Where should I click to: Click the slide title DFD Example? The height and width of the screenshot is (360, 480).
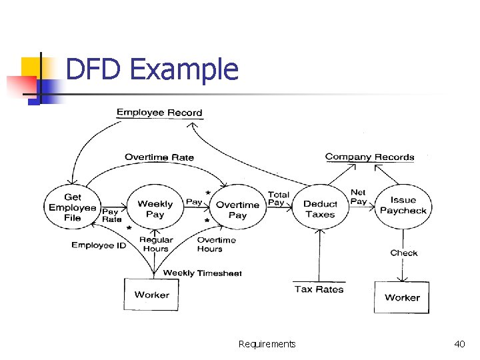tap(152, 69)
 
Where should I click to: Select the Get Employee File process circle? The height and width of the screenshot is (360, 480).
tap(72, 207)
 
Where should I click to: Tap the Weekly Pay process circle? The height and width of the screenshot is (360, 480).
tap(155, 209)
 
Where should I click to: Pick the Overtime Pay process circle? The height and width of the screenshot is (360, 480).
tap(237, 209)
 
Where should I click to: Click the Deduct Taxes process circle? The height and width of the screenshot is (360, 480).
tap(320, 209)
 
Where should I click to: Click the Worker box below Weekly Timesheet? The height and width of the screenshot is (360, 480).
tap(151, 295)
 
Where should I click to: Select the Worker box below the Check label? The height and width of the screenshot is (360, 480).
tap(402, 297)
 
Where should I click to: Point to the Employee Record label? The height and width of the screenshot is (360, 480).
tap(159, 113)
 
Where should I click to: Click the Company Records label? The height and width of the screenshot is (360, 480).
tap(369, 157)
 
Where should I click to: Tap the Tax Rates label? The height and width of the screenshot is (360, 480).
tap(319, 289)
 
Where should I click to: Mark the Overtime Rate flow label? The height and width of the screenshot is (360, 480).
tap(159, 157)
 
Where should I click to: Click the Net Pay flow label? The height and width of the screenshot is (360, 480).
tap(358, 197)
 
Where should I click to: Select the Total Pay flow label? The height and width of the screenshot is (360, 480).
tap(278, 199)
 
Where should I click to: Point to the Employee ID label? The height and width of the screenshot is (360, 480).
tap(99, 245)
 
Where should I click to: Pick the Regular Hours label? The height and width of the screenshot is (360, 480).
tap(156, 244)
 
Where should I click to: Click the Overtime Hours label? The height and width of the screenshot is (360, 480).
tap(216, 244)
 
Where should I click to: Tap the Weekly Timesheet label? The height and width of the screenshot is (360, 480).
tap(202, 273)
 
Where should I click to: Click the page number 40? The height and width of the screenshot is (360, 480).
tap(459, 344)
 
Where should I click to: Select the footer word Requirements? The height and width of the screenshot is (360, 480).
tap(267, 344)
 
